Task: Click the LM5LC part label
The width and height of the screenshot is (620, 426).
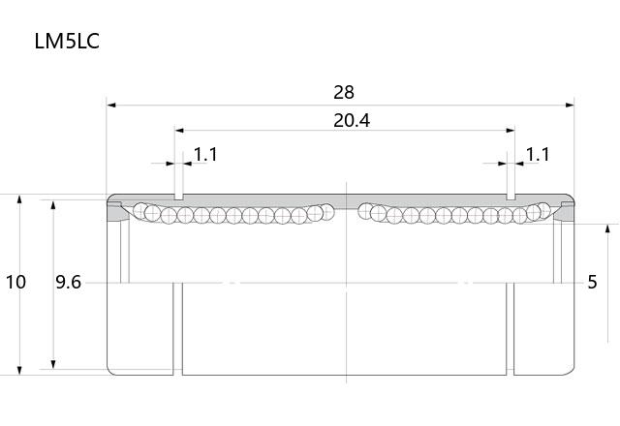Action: coord(67,41)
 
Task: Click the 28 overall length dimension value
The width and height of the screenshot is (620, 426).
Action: coord(344,93)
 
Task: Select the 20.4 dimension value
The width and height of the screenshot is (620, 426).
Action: coord(352,120)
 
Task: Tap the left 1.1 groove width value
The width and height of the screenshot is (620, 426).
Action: coord(205,155)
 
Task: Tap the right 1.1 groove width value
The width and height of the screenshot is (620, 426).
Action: coord(538,155)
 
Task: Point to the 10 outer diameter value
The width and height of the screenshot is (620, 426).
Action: coord(15,282)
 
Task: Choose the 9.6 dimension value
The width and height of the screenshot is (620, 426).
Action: coord(68,282)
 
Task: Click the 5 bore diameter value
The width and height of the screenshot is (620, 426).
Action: coord(592,282)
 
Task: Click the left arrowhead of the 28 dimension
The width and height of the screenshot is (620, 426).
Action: coord(111,106)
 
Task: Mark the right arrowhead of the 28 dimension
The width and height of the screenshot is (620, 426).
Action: coord(570,106)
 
